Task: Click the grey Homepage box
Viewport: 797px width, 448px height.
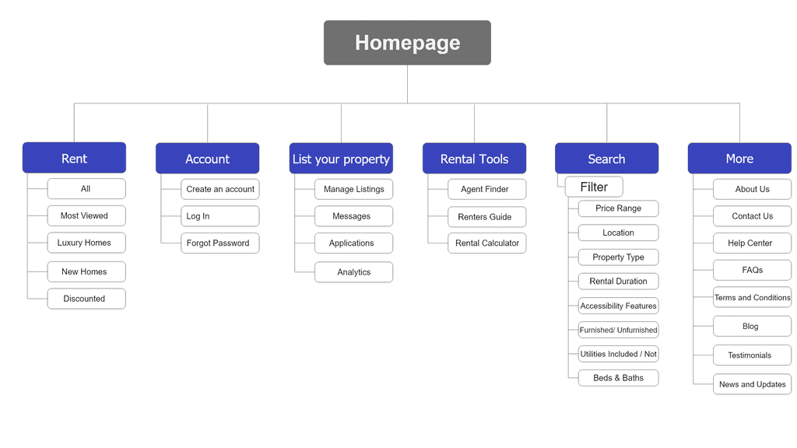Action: pyautogui.click(x=407, y=43)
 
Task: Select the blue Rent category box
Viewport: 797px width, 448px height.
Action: pyautogui.click(x=74, y=158)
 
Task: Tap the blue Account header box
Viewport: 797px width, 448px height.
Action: pyautogui.click(x=207, y=159)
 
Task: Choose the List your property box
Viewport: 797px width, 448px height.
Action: pyautogui.click(x=341, y=159)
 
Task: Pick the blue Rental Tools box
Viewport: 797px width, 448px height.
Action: pyautogui.click(x=474, y=159)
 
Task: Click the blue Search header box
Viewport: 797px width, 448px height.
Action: pyautogui.click(x=606, y=159)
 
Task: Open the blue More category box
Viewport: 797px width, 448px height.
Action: pyautogui.click(x=739, y=159)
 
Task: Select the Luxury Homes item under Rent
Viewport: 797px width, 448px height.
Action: pyautogui.click(x=86, y=243)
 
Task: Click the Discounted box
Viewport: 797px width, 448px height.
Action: pyautogui.click(x=86, y=299)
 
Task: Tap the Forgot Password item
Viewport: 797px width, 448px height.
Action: pyautogui.click(x=219, y=243)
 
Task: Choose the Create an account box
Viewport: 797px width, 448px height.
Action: pyautogui.click(x=219, y=189)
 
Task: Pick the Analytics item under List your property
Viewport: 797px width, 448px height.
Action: pyautogui.click(x=353, y=272)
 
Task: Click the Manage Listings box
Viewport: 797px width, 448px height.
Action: pyautogui.click(x=353, y=189)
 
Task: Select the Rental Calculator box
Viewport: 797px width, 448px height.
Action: pyautogui.click(x=487, y=243)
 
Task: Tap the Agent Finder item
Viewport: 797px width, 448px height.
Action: pyautogui.click(x=487, y=189)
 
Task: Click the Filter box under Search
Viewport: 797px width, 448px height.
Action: pyautogui.click(x=594, y=187)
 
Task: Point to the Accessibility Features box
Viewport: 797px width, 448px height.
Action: pyautogui.click(x=618, y=306)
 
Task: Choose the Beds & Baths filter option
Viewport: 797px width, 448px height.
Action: pyautogui.click(x=618, y=378)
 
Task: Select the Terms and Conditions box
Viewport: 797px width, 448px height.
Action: pyautogui.click(x=752, y=297)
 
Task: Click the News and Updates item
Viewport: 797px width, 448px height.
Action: pyautogui.click(x=752, y=384)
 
